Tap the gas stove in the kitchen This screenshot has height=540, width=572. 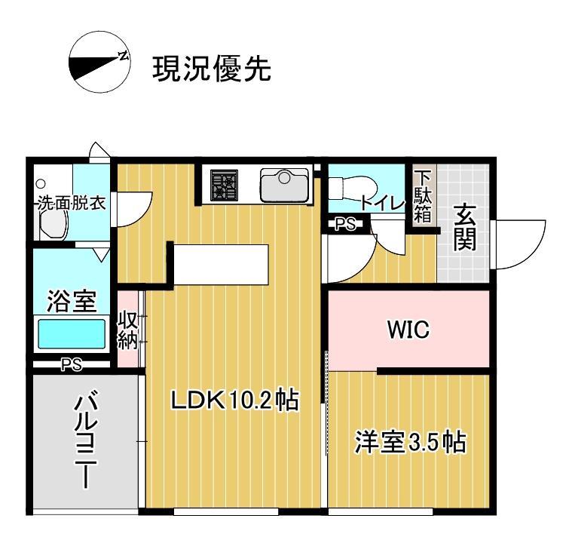point(224,185)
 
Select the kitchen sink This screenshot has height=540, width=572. point(285,184)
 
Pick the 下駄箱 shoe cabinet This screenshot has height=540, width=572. point(423,198)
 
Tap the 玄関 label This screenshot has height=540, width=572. point(464,227)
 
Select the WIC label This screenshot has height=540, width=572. point(408,330)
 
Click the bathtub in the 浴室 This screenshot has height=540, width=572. point(72,333)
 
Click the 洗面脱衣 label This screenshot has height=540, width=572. point(72,203)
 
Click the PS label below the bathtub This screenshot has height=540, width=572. point(71,364)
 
